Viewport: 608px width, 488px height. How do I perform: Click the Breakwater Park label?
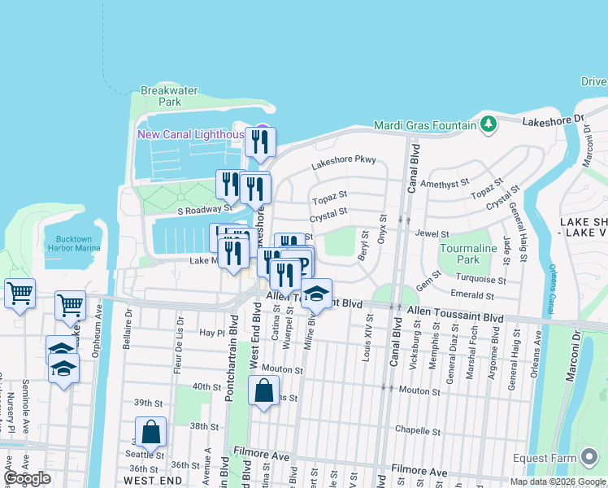click(169, 97)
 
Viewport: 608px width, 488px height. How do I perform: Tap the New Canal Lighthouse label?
click(190, 134)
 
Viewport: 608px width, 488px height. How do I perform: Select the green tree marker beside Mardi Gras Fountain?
click(488, 124)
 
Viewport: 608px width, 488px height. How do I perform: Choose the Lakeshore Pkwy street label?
click(343, 159)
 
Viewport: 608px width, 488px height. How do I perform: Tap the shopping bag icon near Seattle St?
click(151, 432)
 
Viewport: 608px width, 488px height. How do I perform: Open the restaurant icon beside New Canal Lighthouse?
click(260, 142)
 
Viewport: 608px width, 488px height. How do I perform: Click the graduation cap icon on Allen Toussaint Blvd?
click(316, 294)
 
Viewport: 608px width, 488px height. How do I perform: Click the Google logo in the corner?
click(28, 478)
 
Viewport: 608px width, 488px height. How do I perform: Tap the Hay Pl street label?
click(211, 333)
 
